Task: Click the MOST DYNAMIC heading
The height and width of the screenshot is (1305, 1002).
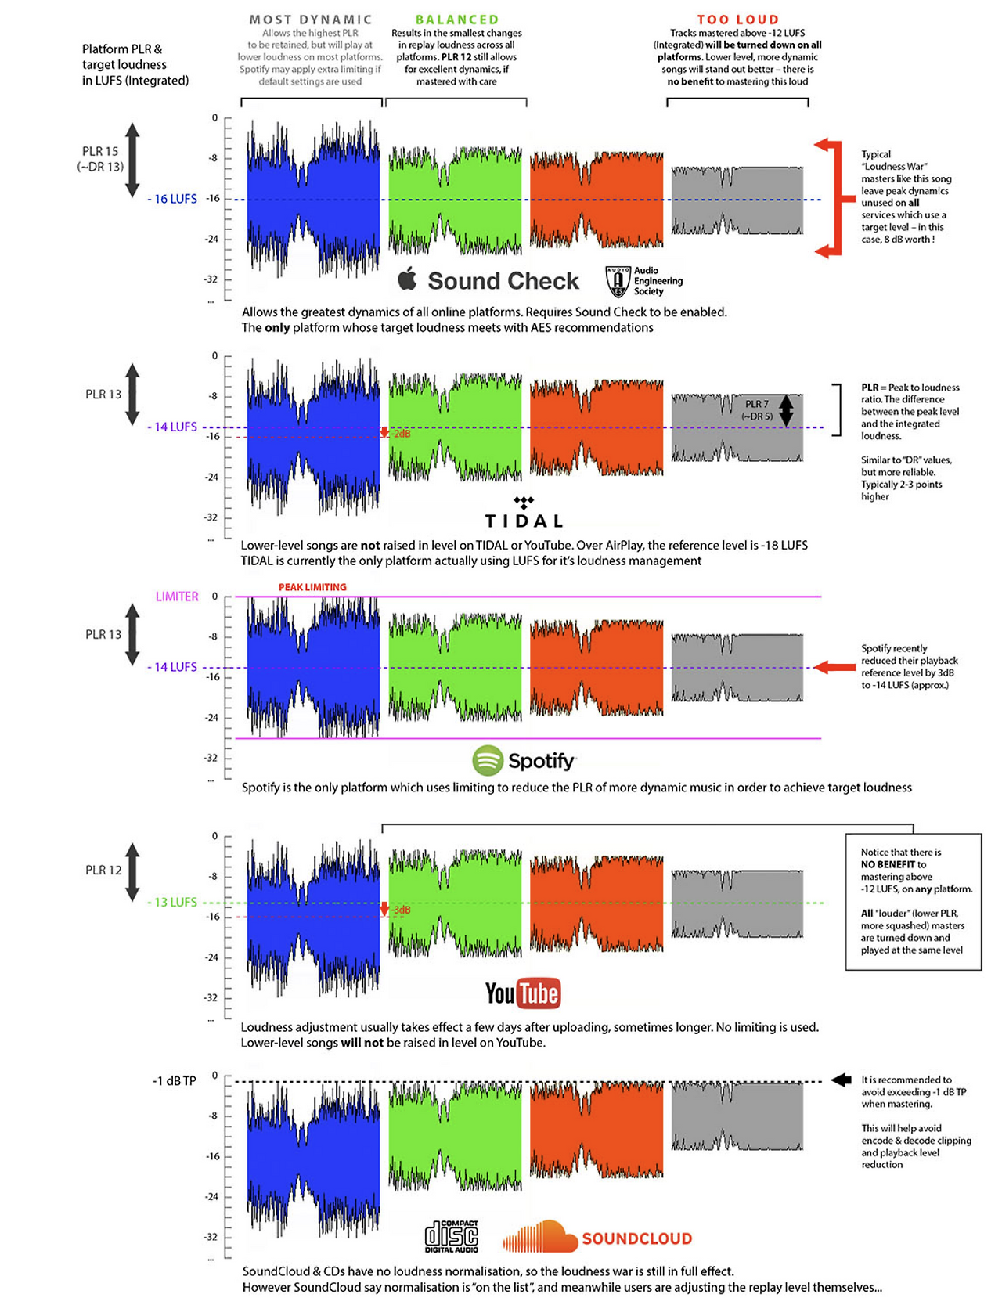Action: pyautogui.click(x=311, y=20)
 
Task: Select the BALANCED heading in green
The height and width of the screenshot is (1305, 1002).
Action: pyautogui.click(x=456, y=20)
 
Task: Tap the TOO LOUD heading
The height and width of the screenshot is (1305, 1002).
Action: pyautogui.click(x=737, y=20)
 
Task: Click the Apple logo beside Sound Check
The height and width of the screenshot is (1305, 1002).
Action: pyautogui.click(x=407, y=279)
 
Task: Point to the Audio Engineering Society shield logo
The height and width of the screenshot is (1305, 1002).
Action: pyautogui.click(x=618, y=281)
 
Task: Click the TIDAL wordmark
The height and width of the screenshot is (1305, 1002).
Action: pyautogui.click(x=524, y=521)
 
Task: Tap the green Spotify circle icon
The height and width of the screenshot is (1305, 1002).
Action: pyautogui.click(x=487, y=760)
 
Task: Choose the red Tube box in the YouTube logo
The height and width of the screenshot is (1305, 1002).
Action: pyautogui.click(x=539, y=993)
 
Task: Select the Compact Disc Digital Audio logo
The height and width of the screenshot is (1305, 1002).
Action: pyautogui.click(x=452, y=1236)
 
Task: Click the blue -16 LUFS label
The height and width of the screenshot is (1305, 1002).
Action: pyautogui.click(x=172, y=199)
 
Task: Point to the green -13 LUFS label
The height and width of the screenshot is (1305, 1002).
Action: pyautogui.click(x=172, y=902)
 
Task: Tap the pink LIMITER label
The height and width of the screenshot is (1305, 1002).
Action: pyautogui.click(x=177, y=597)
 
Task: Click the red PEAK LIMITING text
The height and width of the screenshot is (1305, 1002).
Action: pyautogui.click(x=312, y=587)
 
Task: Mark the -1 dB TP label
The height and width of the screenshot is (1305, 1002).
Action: pyautogui.click(x=174, y=1081)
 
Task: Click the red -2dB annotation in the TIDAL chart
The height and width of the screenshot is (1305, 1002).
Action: pyautogui.click(x=400, y=433)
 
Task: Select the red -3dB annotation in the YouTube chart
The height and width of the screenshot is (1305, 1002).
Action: pyautogui.click(x=400, y=910)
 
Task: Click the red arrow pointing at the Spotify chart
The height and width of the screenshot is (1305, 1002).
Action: pyautogui.click(x=834, y=667)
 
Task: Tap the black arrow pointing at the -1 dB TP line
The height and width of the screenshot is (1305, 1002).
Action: pyautogui.click(x=841, y=1080)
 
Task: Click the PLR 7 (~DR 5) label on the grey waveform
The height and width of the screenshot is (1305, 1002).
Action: pyautogui.click(x=757, y=410)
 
